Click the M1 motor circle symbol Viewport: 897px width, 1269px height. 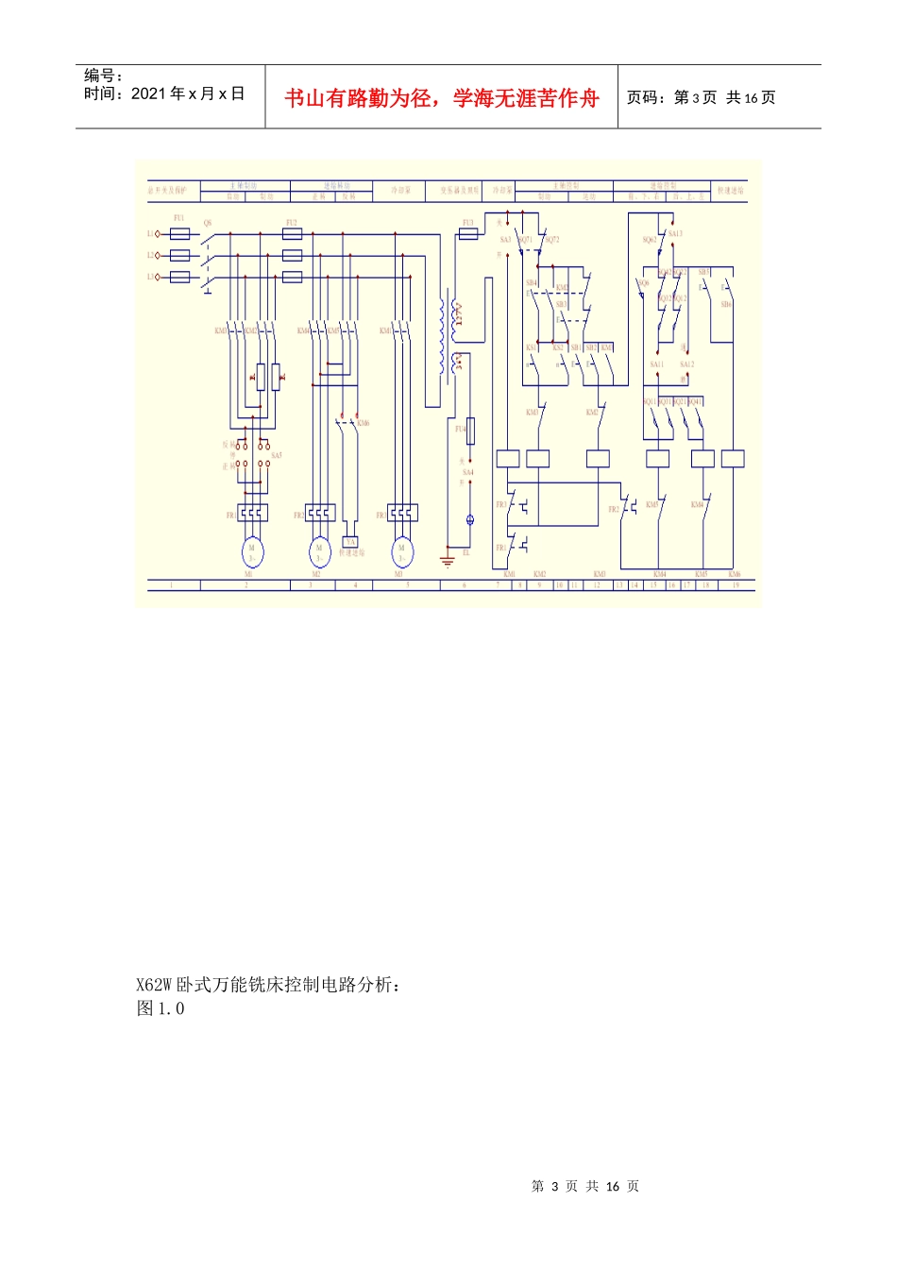[251, 551]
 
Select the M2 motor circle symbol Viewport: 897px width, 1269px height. [319, 551]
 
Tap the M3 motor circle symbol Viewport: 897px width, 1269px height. [401, 551]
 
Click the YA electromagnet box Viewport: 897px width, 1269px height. [350, 542]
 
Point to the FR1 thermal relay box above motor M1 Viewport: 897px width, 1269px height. [252, 513]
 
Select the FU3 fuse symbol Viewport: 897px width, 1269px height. [467, 233]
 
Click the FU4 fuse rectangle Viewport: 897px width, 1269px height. [469, 431]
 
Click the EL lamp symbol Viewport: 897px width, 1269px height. [469, 520]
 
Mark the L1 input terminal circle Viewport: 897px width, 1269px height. [158, 233]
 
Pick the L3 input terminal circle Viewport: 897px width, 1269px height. [158, 277]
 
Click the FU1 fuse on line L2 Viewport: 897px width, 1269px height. [179, 255]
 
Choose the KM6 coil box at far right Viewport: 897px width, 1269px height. [733, 459]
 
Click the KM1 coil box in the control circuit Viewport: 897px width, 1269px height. [508, 459]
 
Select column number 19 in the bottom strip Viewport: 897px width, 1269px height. [735, 585]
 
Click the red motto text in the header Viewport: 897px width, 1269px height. [442, 98]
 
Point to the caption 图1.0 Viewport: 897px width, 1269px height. [161, 1008]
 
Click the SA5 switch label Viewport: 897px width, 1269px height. [276, 455]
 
